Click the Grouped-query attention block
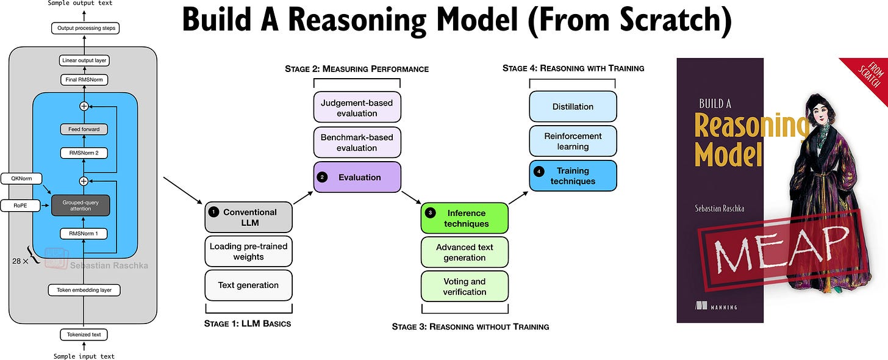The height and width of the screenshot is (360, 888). pos(81,205)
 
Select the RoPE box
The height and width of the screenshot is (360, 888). pos(20,206)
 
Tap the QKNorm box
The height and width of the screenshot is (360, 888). pos(20,179)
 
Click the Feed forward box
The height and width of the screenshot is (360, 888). pos(84,129)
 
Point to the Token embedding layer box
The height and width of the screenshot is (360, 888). pos(84,290)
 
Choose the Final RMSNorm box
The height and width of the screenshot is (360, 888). pos(84,79)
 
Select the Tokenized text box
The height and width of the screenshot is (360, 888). pos(84,334)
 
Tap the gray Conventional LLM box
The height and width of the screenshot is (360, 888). pos(249,217)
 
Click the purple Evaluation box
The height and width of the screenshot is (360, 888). pos(357,177)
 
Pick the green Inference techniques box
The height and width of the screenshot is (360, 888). pos(464,218)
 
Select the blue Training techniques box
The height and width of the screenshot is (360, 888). pos(573,176)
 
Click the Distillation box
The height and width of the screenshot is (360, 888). pos(573,106)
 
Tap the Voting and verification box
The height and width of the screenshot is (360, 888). pos(464,287)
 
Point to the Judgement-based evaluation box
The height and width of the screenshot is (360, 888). pos(357,108)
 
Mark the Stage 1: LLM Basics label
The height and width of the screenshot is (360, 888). pos(248,323)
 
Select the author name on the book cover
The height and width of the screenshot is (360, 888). pos(720,208)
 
